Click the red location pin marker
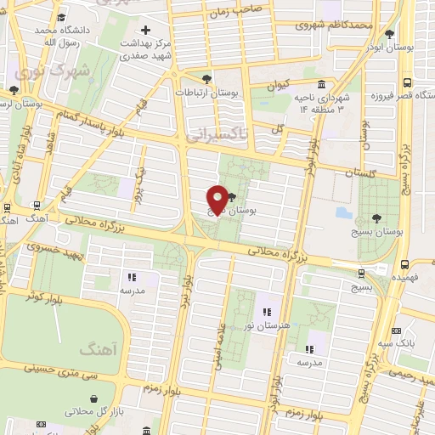pyautogui.click(x=217, y=201)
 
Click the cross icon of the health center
pyautogui.click(x=146, y=31)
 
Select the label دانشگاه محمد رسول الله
pyautogui.click(x=61, y=36)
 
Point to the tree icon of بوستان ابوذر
pyautogui.click(x=389, y=34)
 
